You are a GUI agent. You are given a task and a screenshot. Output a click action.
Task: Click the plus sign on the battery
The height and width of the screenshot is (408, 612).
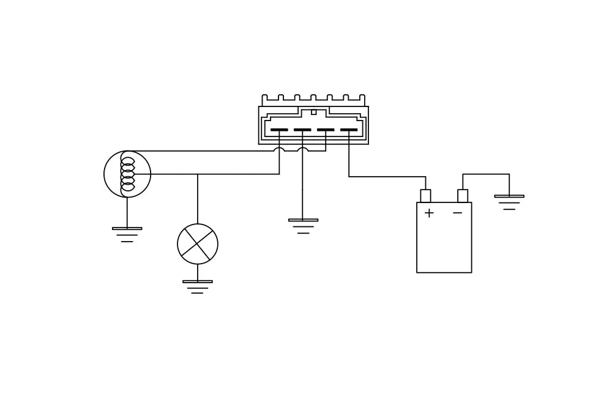pos(429,213)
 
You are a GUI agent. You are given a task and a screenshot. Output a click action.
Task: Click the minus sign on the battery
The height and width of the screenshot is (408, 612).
pos(457,213)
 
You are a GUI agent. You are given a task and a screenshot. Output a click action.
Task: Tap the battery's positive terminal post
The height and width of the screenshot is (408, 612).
pos(425,196)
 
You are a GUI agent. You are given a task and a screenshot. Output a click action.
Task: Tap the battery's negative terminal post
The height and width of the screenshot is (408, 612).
pos(463,196)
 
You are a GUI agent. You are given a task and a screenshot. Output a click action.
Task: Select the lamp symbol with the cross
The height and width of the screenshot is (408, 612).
pos(198,244)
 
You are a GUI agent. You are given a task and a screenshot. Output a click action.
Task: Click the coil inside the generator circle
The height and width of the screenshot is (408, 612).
pos(127,174)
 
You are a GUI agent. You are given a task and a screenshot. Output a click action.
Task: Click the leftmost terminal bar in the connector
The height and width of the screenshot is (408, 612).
pos(279,130)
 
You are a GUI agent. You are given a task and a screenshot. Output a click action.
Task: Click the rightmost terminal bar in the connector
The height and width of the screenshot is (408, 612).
pos(349,130)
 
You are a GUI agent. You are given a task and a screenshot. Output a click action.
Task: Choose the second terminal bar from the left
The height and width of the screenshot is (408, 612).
pos(302,130)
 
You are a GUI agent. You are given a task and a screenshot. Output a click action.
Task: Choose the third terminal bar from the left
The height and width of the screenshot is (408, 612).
pos(326,130)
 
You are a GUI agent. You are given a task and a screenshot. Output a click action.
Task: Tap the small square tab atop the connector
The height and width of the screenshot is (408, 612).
pos(314,112)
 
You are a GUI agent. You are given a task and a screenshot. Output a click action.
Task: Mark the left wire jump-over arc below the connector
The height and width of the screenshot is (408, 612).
pos(279,149)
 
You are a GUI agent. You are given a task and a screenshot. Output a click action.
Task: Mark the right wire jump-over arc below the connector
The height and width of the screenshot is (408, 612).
pos(302,149)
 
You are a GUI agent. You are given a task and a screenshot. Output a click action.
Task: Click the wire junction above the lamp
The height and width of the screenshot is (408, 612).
pos(198,174)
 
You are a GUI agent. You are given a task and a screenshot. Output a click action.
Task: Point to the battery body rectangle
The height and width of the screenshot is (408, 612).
pos(444,245)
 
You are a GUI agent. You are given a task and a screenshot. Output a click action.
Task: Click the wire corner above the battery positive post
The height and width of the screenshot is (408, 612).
pos(425,177)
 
